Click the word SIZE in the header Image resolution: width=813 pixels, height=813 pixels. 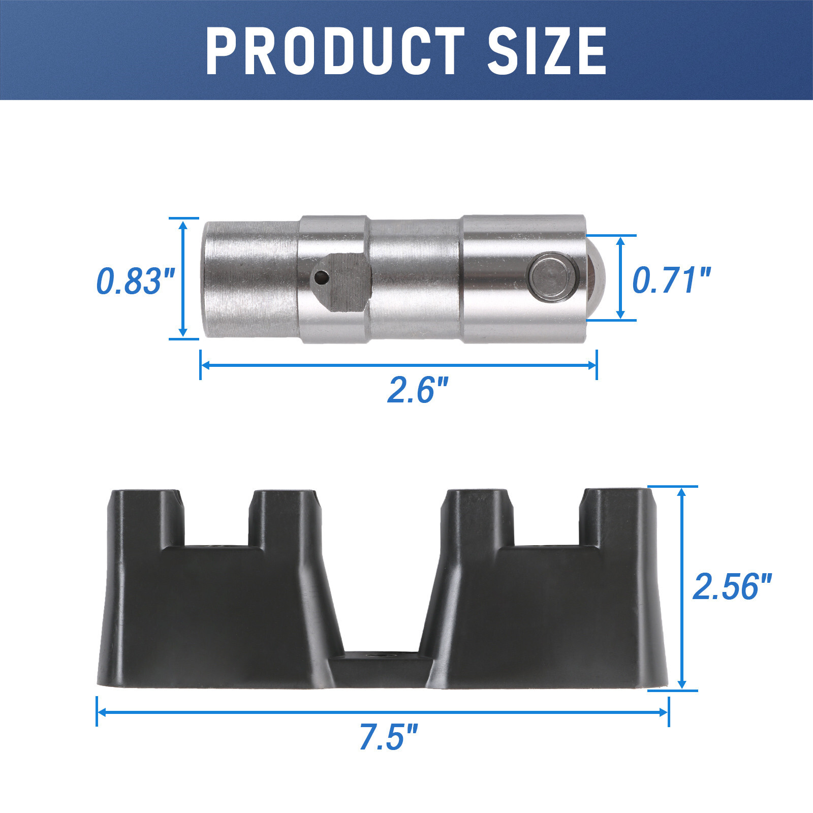(x=547, y=51)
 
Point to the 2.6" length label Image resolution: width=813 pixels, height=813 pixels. (x=418, y=390)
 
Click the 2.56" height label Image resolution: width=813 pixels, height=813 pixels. (x=732, y=586)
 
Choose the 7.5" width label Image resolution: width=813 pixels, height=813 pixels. (x=388, y=737)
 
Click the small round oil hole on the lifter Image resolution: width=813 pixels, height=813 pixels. (x=321, y=277)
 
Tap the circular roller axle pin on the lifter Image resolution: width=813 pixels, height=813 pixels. (x=553, y=278)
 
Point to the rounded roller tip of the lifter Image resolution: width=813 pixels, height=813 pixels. (x=596, y=278)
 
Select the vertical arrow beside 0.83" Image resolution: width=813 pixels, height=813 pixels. (x=183, y=278)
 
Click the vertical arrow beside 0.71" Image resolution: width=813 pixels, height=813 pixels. (x=620, y=278)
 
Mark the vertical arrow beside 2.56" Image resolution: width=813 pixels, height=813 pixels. (x=682, y=588)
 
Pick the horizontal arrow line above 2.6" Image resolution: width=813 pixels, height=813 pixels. (x=398, y=365)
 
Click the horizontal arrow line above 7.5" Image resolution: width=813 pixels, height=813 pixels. (x=382, y=712)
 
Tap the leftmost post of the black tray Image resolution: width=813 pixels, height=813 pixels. (x=145, y=518)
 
